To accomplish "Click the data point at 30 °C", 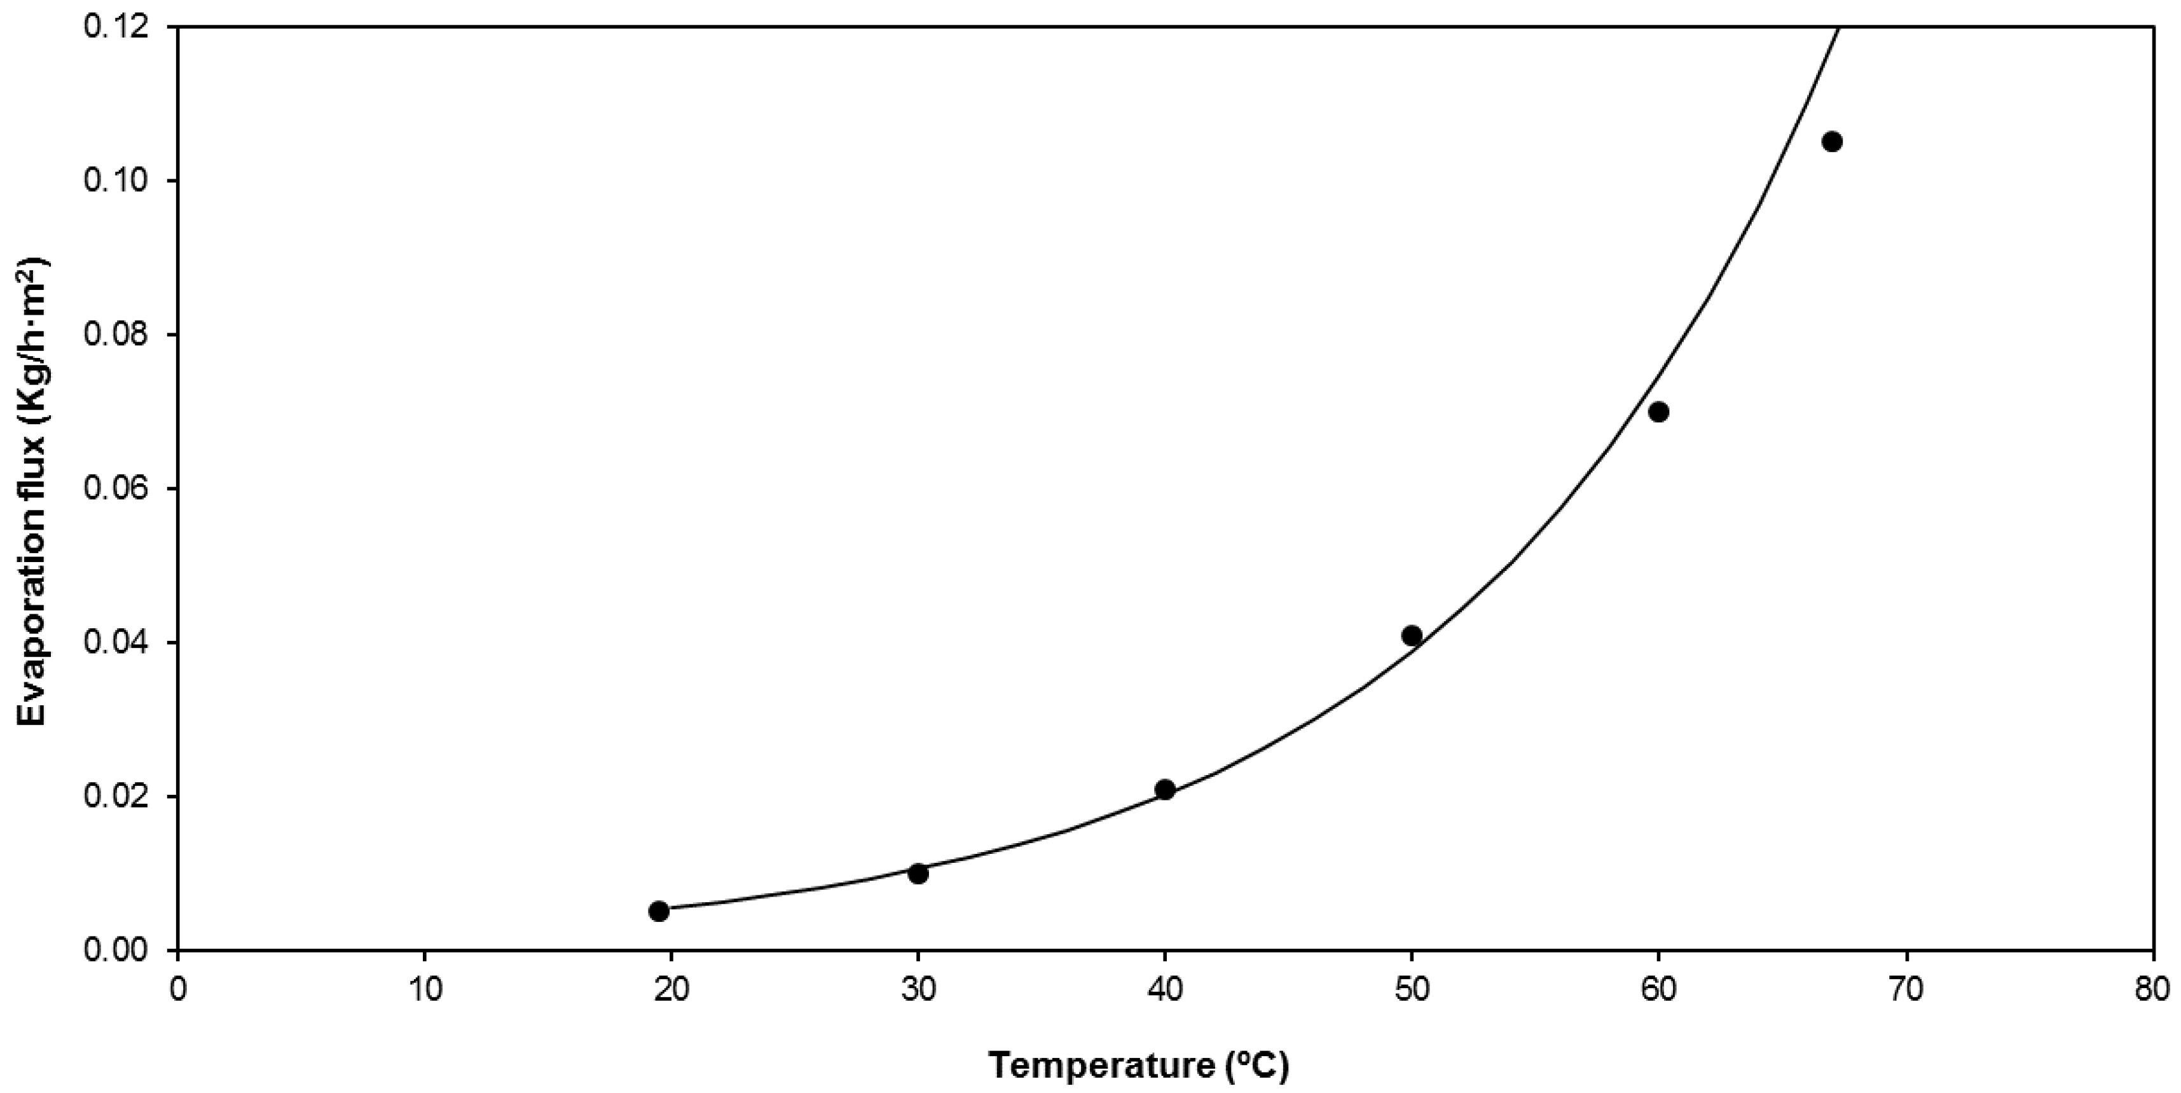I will coord(918,873).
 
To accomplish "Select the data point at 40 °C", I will coord(1165,789).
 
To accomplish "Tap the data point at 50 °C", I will coord(1412,635).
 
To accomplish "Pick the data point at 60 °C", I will coord(1658,412).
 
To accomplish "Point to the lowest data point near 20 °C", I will coord(659,911).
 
